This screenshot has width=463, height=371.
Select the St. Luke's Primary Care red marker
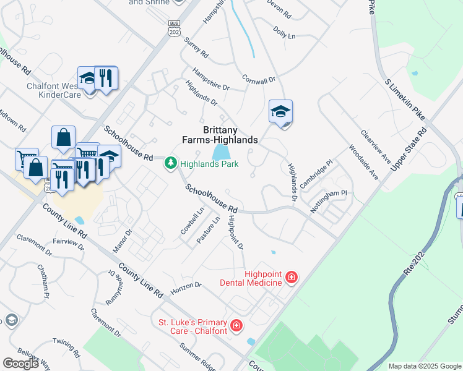236,325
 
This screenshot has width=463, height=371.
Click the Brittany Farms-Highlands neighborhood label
230,135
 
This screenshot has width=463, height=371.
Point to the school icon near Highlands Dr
280,112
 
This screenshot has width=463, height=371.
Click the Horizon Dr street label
186,286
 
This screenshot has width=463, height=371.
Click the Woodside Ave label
363,163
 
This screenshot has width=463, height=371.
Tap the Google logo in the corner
21,363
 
